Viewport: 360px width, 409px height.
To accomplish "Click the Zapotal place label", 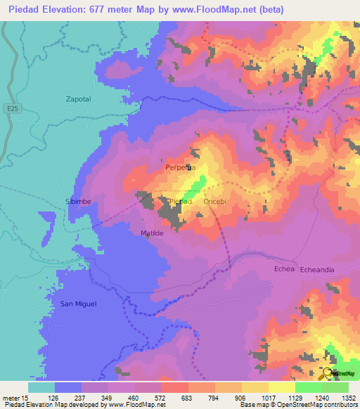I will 79,99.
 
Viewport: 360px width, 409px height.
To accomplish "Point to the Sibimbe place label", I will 79,201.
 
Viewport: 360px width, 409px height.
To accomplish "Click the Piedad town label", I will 181,202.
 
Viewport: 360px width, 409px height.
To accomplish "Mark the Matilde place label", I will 152,233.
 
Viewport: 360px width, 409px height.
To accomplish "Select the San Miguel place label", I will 78,304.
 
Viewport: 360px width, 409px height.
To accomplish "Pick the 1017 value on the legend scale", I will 269,397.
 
